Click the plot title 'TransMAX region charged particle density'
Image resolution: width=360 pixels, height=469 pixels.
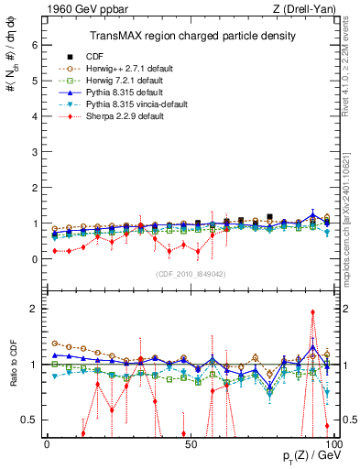191,37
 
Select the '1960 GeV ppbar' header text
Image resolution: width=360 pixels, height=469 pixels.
78,10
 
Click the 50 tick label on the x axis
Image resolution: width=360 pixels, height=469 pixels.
189,443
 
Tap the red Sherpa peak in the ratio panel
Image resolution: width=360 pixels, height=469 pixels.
313,311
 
